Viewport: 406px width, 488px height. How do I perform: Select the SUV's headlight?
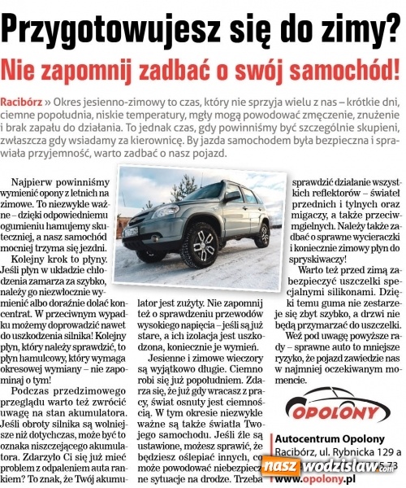click(x=158, y=216)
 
